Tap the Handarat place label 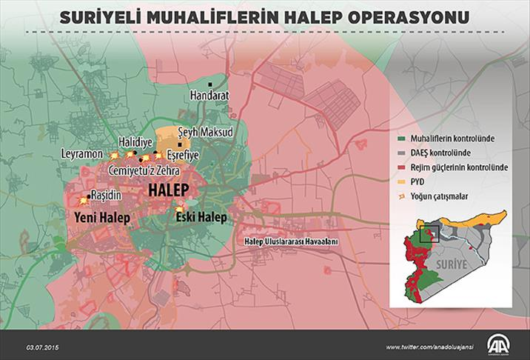[x=210, y=96]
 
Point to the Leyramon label [x=82, y=154]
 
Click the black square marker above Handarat [x=210, y=84]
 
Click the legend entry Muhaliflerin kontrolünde [x=462, y=139]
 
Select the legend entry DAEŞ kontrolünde [x=450, y=153]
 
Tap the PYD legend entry [x=428, y=182]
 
